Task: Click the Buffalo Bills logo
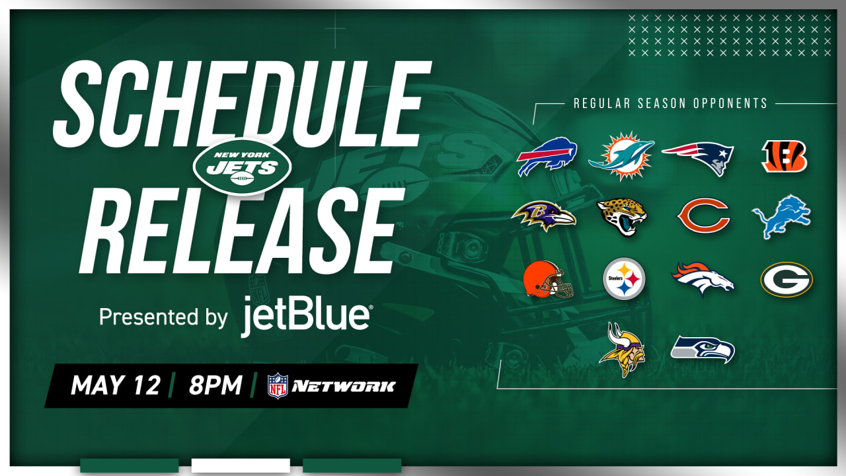(x=547, y=157)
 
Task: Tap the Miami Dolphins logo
(x=621, y=155)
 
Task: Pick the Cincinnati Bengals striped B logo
(x=785, y=157)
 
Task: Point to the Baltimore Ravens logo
(x=543, y=216)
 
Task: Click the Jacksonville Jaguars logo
(x=621, y=218)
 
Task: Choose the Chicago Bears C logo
(x=703, y=218)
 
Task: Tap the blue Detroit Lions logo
(x=781, y=216)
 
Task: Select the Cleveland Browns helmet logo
(x=547, y=280)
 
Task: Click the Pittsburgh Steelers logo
(x=624, y=278)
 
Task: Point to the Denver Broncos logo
(x=703, y=278)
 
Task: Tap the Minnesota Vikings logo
(x=622, y=348)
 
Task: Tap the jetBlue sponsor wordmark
(x=305, y=316)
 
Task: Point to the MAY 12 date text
(x=116, y=385)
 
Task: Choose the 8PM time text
(x=215, y=385)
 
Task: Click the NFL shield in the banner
(x=278, y=386)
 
